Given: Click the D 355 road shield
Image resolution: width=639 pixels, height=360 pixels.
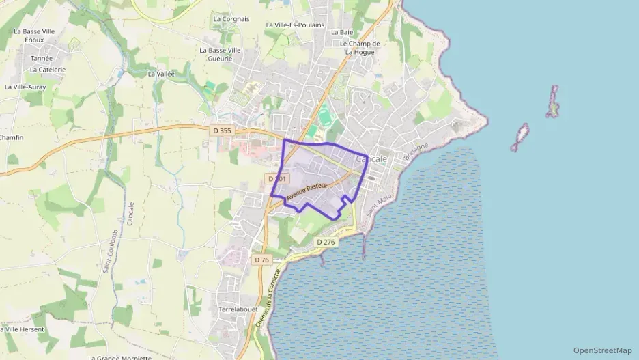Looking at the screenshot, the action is [222, 130].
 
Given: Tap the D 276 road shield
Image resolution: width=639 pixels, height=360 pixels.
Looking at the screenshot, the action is [326, 242].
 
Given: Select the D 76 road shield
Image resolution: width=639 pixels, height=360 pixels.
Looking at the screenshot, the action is [261, 260].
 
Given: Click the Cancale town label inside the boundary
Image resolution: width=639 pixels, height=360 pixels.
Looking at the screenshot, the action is [372, 159].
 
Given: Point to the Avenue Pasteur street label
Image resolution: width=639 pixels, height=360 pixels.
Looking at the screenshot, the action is [307, 191].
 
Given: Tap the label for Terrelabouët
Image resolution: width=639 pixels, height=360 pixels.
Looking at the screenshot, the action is [238, 309].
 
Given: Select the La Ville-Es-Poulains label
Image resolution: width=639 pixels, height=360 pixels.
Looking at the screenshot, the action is [295, 25].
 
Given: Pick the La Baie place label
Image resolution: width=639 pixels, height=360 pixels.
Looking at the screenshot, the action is [341, 32].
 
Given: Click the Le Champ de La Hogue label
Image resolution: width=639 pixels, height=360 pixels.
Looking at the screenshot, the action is [360, 47].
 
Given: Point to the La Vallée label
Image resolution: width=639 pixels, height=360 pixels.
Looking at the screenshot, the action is [162, 74].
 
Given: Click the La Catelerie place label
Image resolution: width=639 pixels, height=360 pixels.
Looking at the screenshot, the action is [48, 70].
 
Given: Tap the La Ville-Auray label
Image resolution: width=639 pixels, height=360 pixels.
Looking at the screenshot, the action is [25, 87].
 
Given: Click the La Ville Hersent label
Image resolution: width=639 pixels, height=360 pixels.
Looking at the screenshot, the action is [23, 329].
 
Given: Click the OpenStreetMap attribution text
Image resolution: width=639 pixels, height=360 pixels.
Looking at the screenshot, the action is [603, 350].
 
